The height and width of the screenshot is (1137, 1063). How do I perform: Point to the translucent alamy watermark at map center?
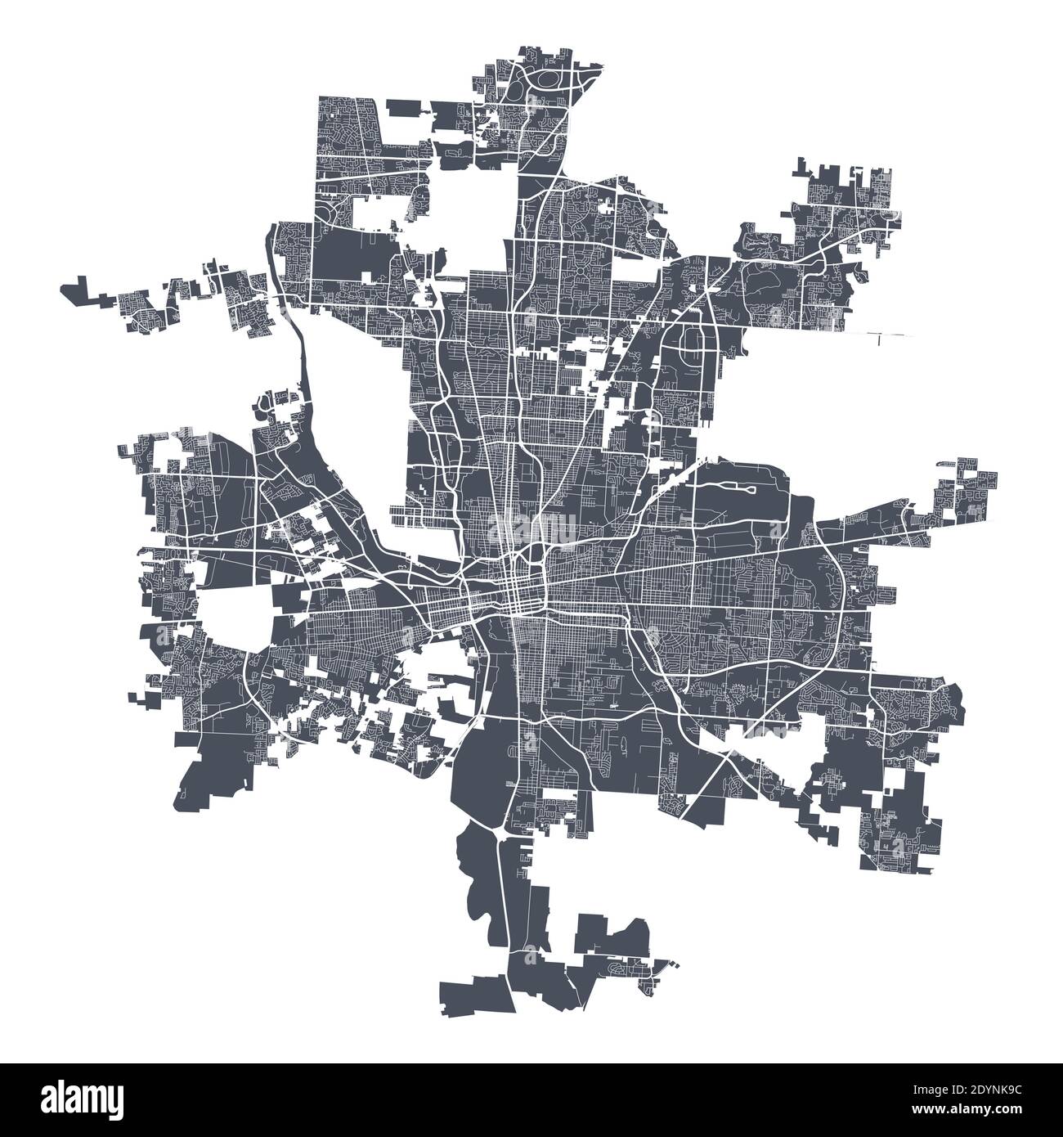(531, 524)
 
